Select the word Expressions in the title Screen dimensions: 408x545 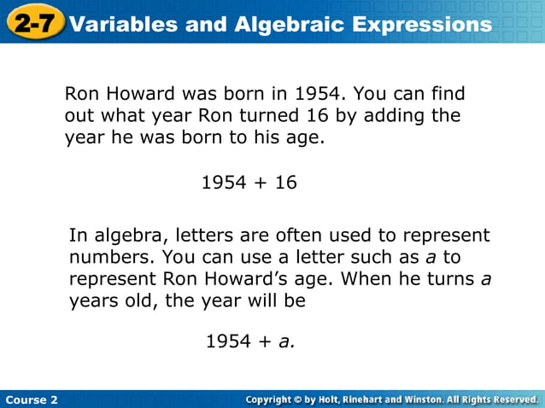click(425, 25)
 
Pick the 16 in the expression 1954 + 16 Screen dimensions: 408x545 click(285, 182)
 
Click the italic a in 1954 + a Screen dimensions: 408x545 click(284, 342)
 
